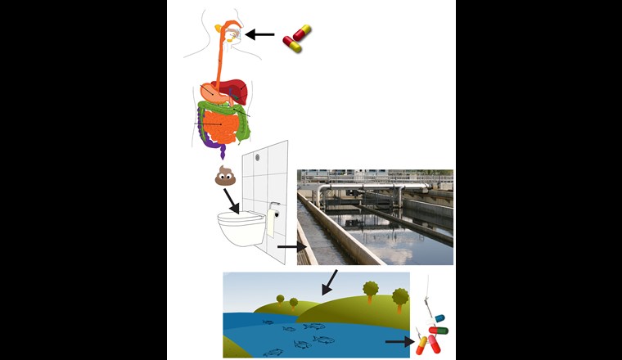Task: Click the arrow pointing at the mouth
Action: tap(260, 34)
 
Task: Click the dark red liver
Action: tap(234, 88)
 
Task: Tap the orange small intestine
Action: tap(219, 125)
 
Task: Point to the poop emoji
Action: tap(225, 175)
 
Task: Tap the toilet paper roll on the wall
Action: tap(271, 221)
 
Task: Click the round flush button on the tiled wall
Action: tap(257, 156)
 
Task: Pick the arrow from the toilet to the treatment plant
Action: tap(289, 244)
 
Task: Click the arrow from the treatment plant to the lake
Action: tap(330, 282)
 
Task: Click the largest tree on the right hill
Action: tap(371, 291)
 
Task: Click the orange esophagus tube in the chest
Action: tap(222, 57)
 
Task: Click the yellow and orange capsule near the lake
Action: tap(422, 344)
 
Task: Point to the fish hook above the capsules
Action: tap(429, 295)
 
